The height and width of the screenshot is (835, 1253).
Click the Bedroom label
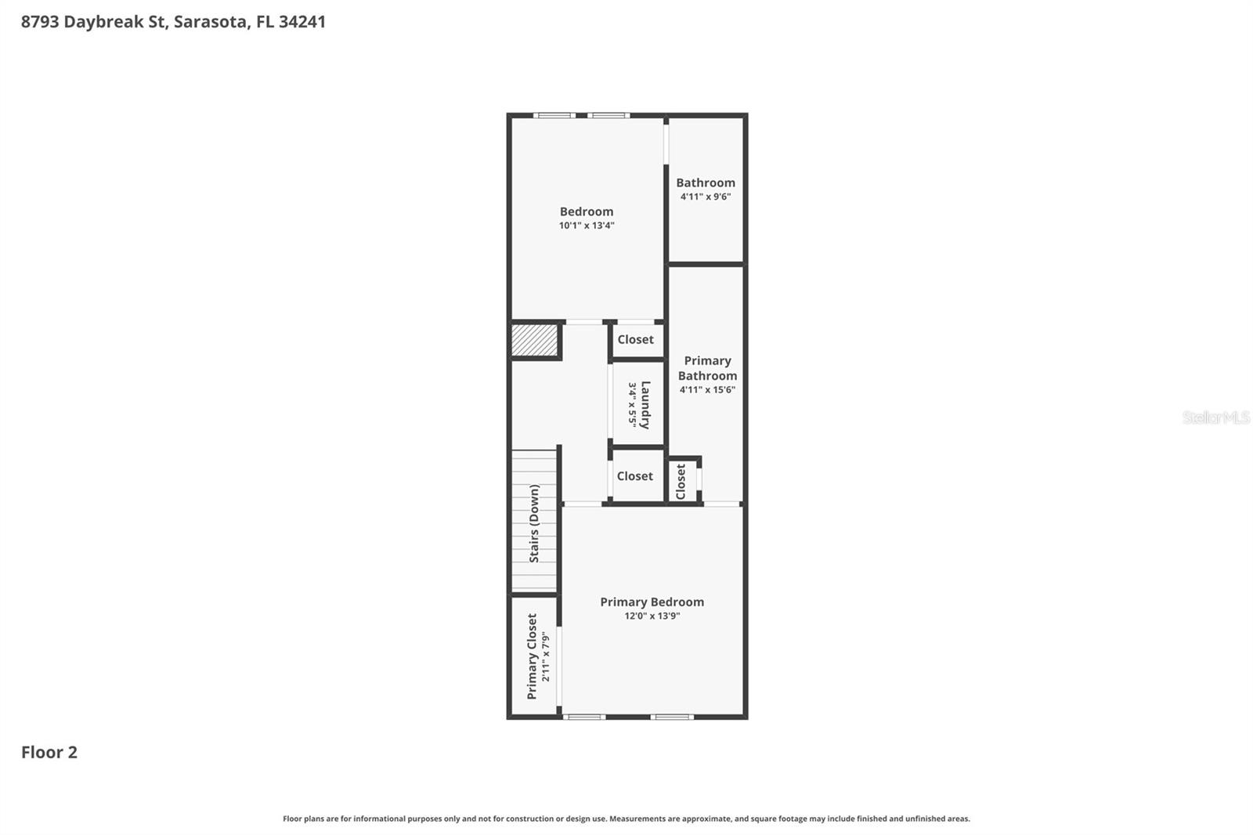coord(586,211)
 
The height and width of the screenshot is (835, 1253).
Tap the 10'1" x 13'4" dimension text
coord(586,226)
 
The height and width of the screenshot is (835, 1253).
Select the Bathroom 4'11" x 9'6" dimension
coord(705,197)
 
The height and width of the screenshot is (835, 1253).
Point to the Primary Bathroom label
coord(707,368)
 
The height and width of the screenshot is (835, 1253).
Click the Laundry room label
coord(645,405)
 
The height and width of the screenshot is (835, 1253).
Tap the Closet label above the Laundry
coord(635,340)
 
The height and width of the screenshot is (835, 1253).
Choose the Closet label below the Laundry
coord(634,476)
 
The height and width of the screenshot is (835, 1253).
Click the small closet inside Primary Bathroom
coord(681,481)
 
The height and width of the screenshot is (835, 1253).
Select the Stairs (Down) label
coord(534,523)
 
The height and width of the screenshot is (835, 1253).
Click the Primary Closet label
coord(532,656)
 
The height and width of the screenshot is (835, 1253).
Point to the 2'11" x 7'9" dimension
coord(546,656)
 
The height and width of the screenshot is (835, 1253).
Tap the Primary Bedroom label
coord(652,602)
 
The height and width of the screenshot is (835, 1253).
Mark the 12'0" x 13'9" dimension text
coord(652,616)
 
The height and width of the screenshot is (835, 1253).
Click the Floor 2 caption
coord(49,753)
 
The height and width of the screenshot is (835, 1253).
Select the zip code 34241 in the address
coord(302,22)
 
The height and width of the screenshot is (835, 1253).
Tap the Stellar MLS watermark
coord(1215,417)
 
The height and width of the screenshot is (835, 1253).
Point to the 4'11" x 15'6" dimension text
coord(707,390)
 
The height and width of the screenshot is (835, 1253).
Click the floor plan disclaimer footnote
coord(626,819)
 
